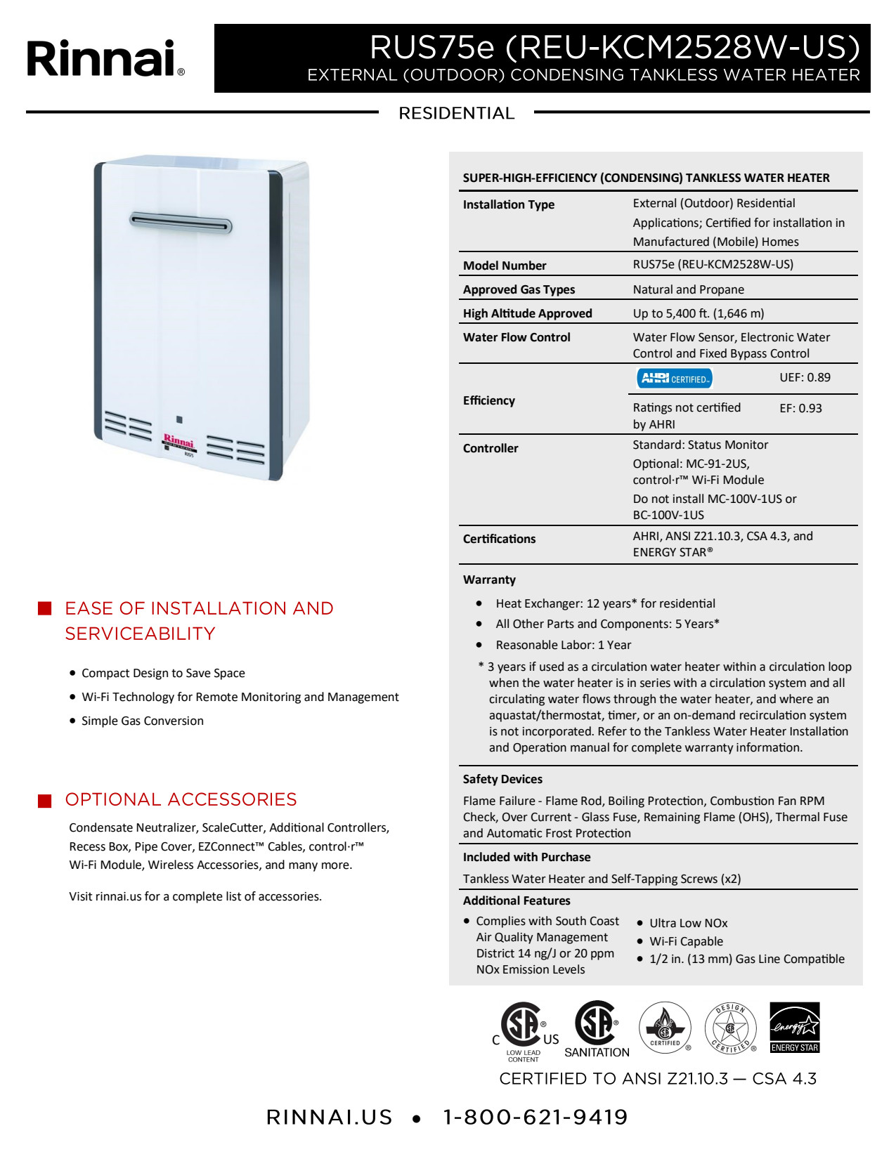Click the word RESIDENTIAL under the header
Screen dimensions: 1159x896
[456, 113]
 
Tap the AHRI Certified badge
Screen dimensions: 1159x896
[675, 379]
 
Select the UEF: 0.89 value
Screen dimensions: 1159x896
[805, 378]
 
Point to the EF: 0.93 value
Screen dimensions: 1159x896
[800, 408]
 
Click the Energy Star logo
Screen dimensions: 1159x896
[795, 1027]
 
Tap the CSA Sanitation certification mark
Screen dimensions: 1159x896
[597, 1028]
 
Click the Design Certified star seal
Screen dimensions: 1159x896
[730, 1028]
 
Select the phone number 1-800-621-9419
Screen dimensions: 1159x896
[535, 1117]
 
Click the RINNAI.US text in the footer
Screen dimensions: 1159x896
[329, 1117]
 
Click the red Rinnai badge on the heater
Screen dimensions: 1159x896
[178, 442]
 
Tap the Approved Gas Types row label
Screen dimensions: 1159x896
[519, 289]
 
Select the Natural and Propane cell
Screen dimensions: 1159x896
[688, 289]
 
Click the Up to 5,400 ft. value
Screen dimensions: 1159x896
[698, 313]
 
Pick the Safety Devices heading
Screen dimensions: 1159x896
[502, 779]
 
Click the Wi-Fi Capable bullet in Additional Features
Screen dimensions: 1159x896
[686, 941]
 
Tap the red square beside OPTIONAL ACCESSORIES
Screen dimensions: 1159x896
[45, 801]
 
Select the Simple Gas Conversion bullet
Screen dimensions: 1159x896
[143, 721]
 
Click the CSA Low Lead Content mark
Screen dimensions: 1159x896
[524, 1030]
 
